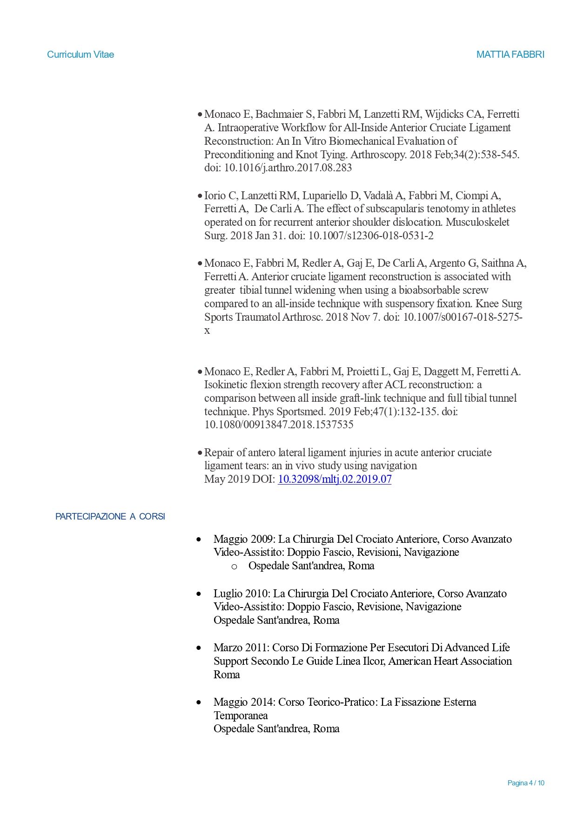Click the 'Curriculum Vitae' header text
(81, 54)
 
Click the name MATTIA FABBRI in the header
(510, 54)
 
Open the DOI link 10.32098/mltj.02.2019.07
(335, 479)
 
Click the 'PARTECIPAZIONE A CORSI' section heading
(110, 516)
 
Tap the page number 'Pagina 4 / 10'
(525, 783)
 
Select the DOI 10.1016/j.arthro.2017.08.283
(288, 168)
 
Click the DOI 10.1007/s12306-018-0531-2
(371, 236)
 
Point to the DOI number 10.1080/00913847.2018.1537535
(279, 425)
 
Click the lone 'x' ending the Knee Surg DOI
(207, 331)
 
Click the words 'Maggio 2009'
(243, 539)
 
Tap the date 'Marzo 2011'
(240, 648)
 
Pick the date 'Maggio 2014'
(243, 702)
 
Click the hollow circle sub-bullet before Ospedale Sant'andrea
(234, 567)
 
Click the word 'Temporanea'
(241, 716)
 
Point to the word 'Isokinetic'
(228, 385)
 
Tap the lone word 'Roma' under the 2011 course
(227, 675)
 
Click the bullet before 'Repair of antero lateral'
(200, 452)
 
